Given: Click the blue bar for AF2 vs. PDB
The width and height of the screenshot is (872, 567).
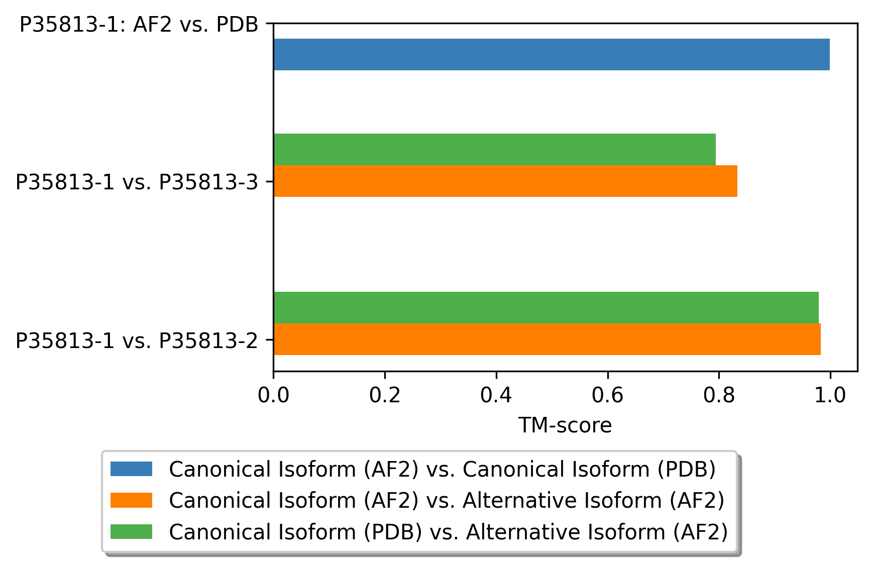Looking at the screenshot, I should [x=551, y=54].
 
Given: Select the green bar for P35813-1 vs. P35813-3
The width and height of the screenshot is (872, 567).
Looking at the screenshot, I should [x=494, y=149].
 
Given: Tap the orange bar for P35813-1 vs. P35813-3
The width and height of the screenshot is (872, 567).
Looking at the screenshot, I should [x=505, y=181].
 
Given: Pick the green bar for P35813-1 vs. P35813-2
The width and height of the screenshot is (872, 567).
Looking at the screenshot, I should [x=546, y=307].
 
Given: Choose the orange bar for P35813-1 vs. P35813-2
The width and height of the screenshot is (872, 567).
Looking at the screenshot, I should [x=547, y=339].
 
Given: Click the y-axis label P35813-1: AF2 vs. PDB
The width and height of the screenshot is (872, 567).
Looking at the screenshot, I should [x=139, y=25].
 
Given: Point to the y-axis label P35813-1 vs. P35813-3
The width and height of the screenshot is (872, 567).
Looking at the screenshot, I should [x=137, y=182].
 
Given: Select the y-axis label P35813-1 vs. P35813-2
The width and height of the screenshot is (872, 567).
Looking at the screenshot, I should [x=137, y=341].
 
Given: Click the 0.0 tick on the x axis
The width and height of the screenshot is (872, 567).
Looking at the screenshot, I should [x=273, y=395].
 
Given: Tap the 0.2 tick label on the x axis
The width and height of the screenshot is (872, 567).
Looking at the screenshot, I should [x=385, y=395].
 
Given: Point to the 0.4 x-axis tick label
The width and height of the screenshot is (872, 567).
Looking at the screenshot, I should [x=496, y=395].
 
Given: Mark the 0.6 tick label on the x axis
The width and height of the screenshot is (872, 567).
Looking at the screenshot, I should [x=607, y=395].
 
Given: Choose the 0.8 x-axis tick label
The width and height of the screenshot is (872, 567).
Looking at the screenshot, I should [x=719, y=395].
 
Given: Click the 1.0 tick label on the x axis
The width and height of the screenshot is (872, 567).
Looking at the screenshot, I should [x=830, y=395].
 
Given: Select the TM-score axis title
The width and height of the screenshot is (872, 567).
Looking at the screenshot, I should [x=565, y=425].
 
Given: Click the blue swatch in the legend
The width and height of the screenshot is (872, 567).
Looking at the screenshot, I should [x=131, y=469].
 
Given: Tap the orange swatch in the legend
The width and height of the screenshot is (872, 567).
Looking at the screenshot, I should [x=131, y=500].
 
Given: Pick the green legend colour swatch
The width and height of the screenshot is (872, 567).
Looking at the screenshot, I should [x=131, y=531].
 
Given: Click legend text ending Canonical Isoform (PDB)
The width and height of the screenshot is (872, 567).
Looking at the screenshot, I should [x=442, y=469].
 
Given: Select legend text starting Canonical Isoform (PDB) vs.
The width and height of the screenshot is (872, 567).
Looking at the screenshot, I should [x=448, y=531].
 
